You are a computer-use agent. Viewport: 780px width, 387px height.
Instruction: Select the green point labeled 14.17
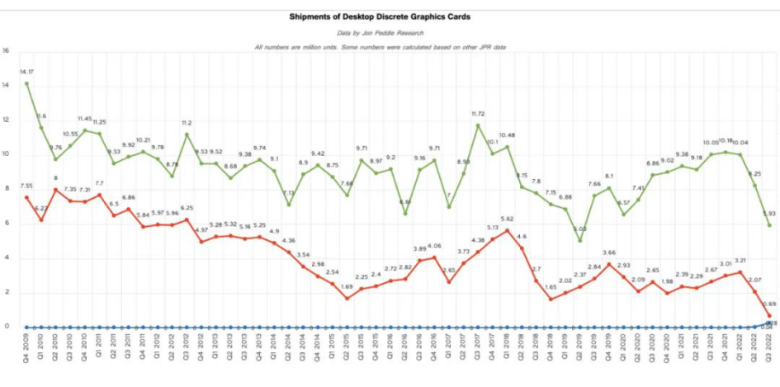pyautogui.click(x=26, y=83)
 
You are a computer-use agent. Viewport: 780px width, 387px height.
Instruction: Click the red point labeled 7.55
pyautogui.click(x=26, y=197)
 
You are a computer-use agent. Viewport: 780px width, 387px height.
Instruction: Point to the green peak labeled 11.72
pyautogui.click(x=478, y=125)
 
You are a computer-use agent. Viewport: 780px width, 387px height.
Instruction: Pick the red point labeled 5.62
pyautogui.click(x=507, y=230)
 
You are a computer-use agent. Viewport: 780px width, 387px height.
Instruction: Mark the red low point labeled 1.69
pyautogui.click(x=347, y=298)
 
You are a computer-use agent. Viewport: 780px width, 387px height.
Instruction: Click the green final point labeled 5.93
pyautogui.click(x=769, y=225)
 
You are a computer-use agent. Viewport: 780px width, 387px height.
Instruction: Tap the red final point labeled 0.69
pyautogui.click(x=769, y=316)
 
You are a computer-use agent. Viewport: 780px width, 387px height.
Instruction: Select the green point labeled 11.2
pyautogui.click(x=187, y=135)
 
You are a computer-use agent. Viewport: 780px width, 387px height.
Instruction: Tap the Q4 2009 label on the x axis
pyautogui.click(x=27, y=350)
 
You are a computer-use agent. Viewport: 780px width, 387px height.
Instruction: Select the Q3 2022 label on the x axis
pyautogui.click(x=769, y=350)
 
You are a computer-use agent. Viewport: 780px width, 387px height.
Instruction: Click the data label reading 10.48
pyautogui.click(x=507, y=135)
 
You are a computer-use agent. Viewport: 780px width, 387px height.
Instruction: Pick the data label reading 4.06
pyautogui.click(x=435, y=246)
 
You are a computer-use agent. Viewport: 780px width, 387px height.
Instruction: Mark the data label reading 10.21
pyautogui.click(x=144, y=140)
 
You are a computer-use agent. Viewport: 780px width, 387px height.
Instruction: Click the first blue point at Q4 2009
pyautogui.click(x=26, y=327)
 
